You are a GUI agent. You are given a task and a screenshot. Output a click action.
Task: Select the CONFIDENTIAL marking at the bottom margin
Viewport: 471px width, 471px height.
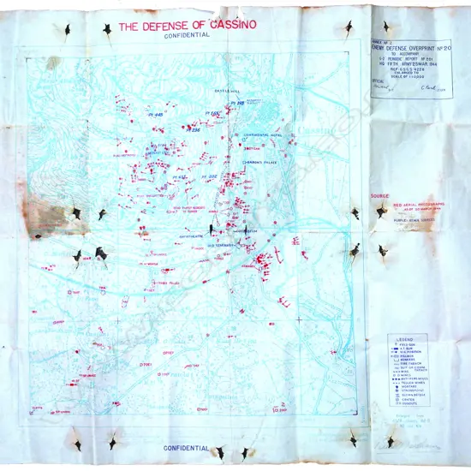tap(187, 447)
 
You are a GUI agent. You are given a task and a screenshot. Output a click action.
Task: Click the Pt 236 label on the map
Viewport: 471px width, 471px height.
tap(196, 130)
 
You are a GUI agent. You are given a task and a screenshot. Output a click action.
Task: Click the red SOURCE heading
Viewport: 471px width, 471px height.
tap(378, 196)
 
